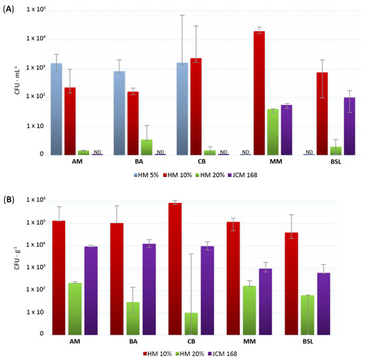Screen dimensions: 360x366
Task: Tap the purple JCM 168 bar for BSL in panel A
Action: pos(348,126)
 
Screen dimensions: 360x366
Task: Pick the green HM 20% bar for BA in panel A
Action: pos(146,147)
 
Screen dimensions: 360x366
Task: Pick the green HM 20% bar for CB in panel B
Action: pos(191,323)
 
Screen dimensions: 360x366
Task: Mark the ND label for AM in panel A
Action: pos(98,152)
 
